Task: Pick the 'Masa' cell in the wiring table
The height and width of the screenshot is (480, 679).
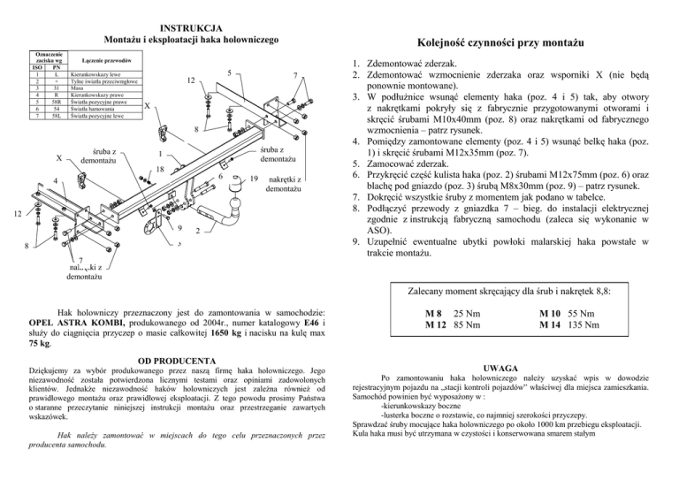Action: (77, 87)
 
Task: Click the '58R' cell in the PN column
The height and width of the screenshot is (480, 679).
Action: (56, 101)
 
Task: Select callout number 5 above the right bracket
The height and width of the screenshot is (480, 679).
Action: (229, 72)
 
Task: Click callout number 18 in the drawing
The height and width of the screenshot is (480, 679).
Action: (162, 167)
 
